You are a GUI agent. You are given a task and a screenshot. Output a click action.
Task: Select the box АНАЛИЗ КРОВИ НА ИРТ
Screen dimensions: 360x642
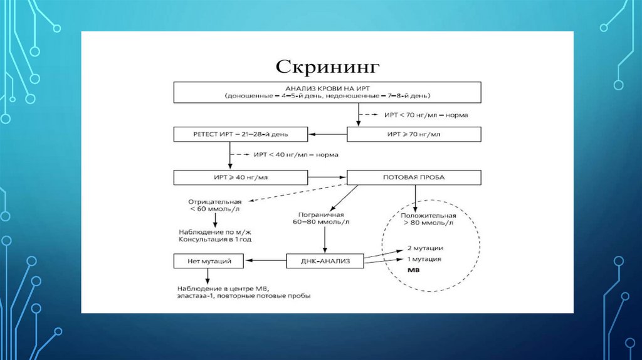(327, 92)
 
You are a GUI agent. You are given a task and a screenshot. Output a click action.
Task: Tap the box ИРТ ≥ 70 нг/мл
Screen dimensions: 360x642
(414, 134)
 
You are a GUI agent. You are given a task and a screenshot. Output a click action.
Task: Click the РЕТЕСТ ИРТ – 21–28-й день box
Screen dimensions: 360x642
(241, 134)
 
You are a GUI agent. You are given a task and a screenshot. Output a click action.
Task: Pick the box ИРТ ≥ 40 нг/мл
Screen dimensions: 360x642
(241, 177)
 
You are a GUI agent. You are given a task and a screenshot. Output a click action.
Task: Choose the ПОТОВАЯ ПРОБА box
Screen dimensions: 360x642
(414, 177)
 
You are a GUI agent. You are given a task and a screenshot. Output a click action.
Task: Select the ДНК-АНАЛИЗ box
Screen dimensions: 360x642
(325, 260)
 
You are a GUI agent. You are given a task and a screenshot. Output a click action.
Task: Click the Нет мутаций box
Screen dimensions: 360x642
(209, 260)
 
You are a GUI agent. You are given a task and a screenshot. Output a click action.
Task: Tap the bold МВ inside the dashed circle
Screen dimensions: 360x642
(414, 270)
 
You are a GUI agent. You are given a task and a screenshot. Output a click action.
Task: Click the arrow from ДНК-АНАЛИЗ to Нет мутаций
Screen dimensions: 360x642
(266, 260)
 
